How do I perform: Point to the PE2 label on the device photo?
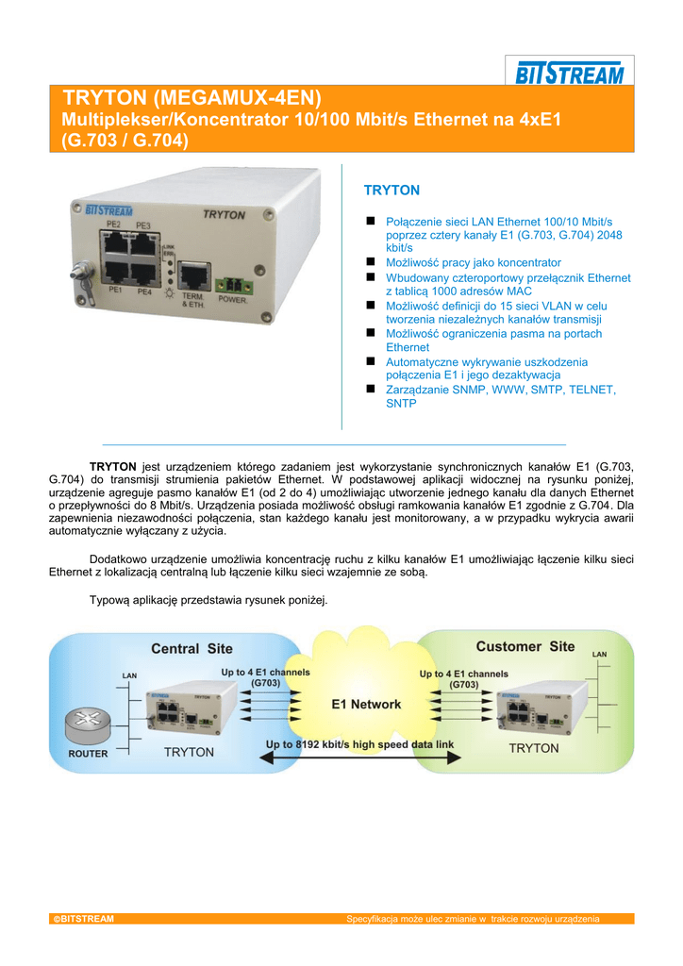tap(112, 225)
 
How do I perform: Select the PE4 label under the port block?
tap(144, 291)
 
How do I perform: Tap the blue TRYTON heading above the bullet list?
tap(391, 191)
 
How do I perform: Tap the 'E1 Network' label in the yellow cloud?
tap(366, 705)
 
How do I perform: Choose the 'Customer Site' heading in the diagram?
tap(525, 647)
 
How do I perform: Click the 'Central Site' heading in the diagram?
tap(192, 649)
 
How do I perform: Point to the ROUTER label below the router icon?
tap(88, 754)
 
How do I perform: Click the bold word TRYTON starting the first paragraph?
tap(113, 466)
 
